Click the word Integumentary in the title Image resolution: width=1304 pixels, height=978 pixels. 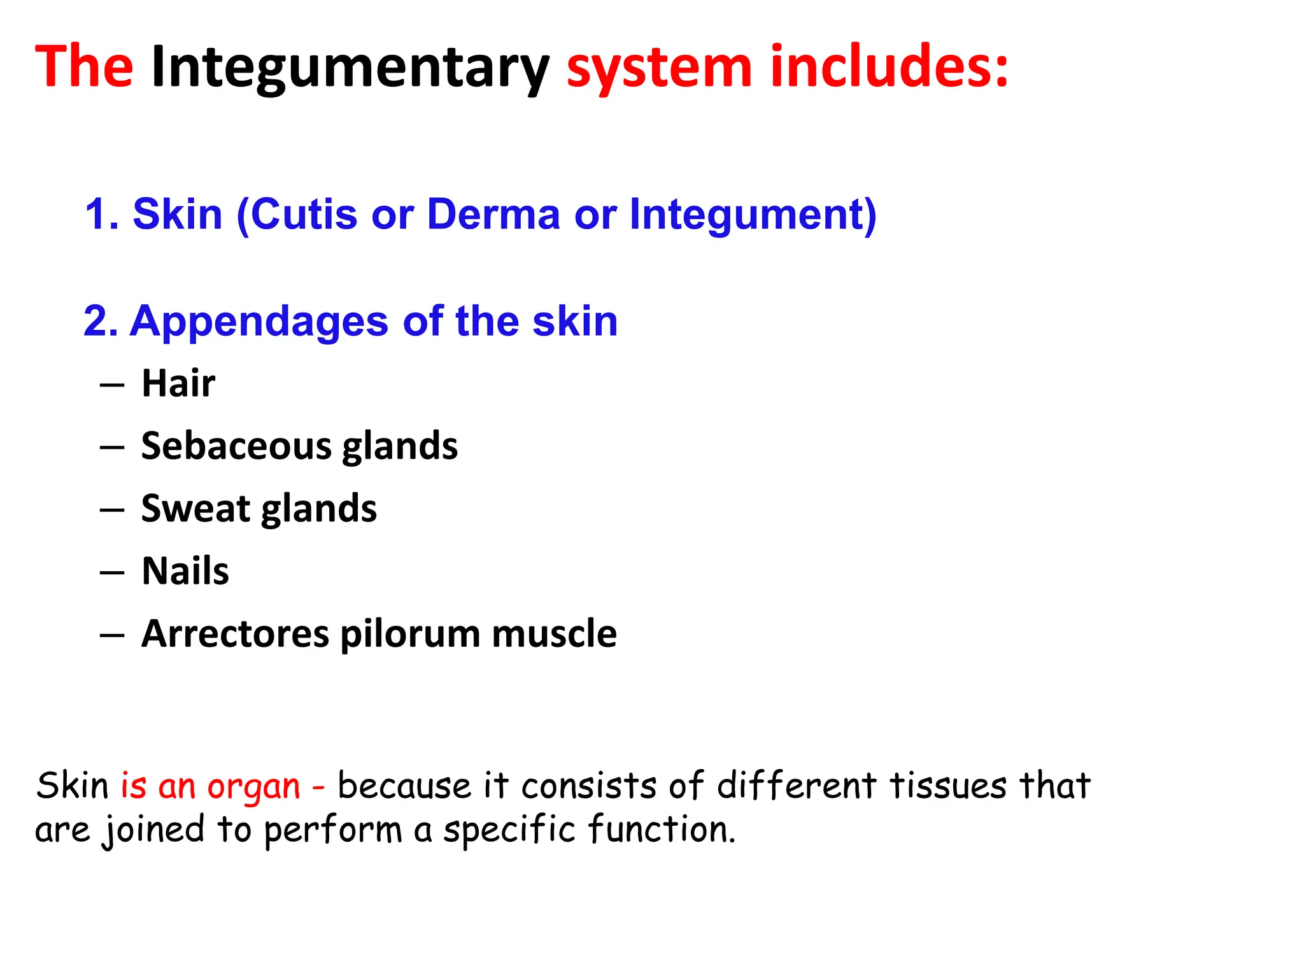pos(350,67)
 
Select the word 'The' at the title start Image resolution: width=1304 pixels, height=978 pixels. pos(84,67)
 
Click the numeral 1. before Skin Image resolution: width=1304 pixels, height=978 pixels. pos(102,214)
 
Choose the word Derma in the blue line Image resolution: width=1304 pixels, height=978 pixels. pos(493,214)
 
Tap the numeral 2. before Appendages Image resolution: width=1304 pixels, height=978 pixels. pos(101,321)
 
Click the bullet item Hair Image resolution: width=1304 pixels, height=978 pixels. pos(178,383)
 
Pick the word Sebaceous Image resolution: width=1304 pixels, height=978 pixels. pos(236,446)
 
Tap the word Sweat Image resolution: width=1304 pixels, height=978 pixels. pos(195,508)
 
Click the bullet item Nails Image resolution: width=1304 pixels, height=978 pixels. pos(185,570)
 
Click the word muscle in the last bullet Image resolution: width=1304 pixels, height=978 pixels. pos(554,634)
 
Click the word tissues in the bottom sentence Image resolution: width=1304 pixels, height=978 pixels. pos(948,785)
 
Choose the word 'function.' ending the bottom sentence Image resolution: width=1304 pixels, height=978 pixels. pos(662,830)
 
